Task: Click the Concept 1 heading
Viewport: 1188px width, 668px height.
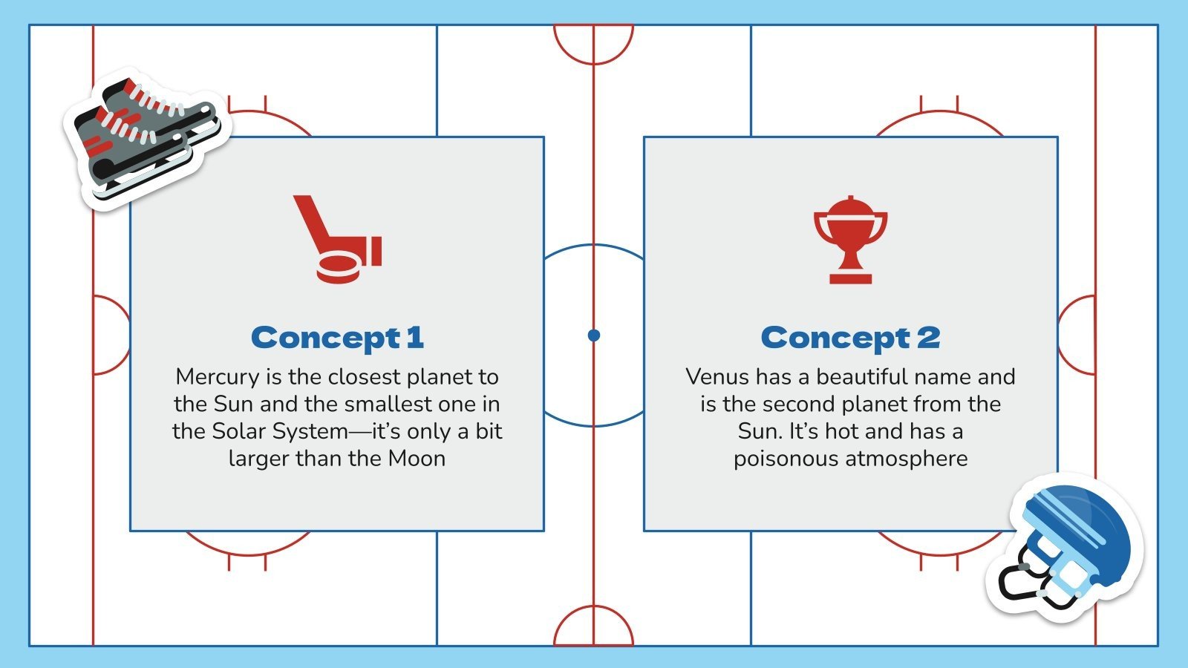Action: pos(337,338)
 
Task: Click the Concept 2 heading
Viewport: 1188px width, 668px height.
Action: pos(850,338)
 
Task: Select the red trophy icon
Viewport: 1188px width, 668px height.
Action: pos(850,239)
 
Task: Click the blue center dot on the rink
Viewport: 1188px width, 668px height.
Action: pos(593,335)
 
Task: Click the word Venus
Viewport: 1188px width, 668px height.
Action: pos(717,377)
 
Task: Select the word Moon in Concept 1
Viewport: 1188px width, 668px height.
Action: pos(417,459)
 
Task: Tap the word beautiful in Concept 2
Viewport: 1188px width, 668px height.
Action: pos(861,377)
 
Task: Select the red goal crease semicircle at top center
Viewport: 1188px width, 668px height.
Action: pos(593,43)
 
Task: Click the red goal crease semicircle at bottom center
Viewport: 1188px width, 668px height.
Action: pos(593,626)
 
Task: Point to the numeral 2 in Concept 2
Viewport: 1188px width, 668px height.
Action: pos(928,338)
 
